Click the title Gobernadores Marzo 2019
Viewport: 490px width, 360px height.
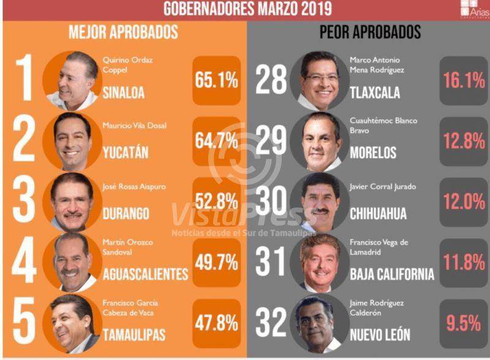[x=247, y=9]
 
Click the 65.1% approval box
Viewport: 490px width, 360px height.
[x=216, y=80]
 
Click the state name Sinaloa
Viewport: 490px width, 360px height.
[x=123, y=93]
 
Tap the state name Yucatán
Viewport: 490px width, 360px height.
[x=125, y=152]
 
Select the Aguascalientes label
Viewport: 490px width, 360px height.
[x=145, y=274]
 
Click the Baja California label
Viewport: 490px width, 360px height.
[x=391, y=274]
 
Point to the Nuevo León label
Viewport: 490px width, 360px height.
[x=379, y=334]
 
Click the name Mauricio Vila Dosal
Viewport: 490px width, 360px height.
[x=135, y=126]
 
